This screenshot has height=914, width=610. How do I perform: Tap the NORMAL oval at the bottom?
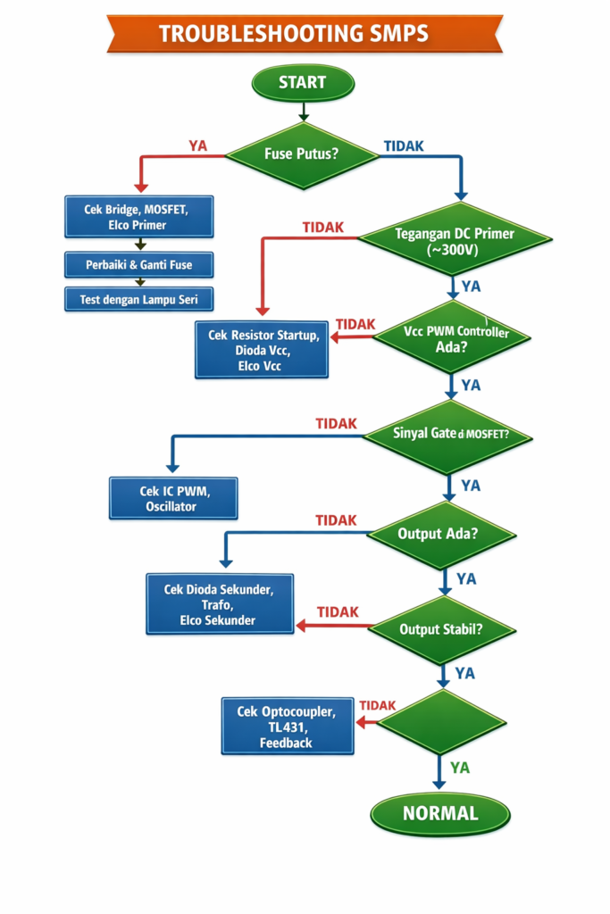pos(439,813)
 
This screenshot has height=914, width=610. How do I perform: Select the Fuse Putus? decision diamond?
pos(302,154)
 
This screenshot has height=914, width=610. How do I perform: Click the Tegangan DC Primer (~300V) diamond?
pos(455,242)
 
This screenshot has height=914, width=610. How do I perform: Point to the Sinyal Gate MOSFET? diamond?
pos(450,436)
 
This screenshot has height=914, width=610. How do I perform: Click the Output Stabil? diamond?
pos(441,628)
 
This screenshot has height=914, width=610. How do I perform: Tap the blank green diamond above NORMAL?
pos(442,721)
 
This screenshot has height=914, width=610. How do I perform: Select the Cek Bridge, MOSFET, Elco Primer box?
pos(138,217)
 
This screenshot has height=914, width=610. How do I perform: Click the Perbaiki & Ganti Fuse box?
pos(138,264)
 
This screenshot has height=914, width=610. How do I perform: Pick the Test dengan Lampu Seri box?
pos(138,299)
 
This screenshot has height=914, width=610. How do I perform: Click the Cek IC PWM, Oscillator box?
pos(173,498)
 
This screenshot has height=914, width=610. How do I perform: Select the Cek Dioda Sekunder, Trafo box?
pos(219,603)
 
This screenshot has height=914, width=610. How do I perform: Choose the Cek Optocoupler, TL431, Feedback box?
pos(287,726)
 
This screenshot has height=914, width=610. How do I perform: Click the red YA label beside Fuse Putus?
pos(197,146)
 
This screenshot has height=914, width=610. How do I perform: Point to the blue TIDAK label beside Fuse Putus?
pos(403,145)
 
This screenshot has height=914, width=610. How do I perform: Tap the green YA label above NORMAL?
pos(460,767)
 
